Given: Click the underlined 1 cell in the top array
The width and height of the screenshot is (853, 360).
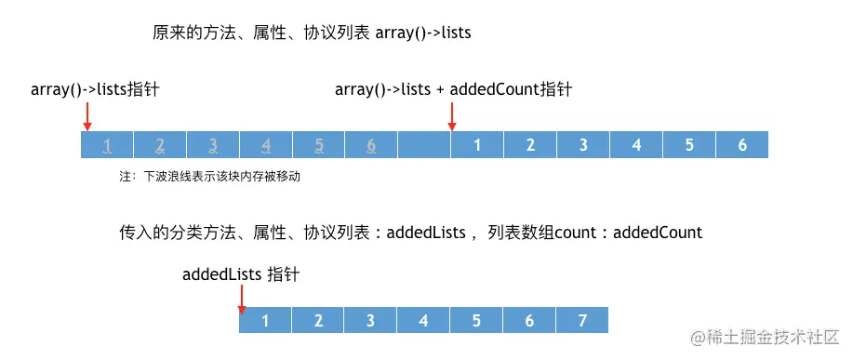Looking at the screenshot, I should pos(108,144).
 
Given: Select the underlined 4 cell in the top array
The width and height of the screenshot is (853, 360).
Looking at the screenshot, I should pos(266,144).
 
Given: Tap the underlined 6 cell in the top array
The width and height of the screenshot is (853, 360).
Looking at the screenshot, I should pos(371,144).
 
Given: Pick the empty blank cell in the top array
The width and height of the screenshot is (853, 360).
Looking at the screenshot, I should pos(424,144).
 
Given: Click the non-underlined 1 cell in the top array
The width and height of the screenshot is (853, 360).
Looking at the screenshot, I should pos(477,144).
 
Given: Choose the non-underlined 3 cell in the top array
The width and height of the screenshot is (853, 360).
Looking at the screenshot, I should pos(583,144).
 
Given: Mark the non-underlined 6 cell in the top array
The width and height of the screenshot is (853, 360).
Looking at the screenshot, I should pos(742,144).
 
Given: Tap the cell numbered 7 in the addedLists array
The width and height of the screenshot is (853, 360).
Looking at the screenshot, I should pos(582,321).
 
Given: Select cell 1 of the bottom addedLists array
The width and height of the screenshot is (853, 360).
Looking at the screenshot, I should pos(266,321).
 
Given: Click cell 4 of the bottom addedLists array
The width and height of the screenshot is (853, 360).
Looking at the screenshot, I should pos(424,321).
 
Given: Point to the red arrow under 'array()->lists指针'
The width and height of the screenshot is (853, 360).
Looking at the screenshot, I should pos(87,116).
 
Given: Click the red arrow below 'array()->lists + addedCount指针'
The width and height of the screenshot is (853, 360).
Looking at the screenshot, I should pos(452,116).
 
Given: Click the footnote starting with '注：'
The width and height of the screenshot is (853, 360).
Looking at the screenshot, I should pos(210,175).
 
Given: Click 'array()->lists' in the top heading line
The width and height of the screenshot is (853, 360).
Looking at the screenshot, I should pos(423,33).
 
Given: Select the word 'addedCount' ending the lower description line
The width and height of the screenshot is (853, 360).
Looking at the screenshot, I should pos(658,232).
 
